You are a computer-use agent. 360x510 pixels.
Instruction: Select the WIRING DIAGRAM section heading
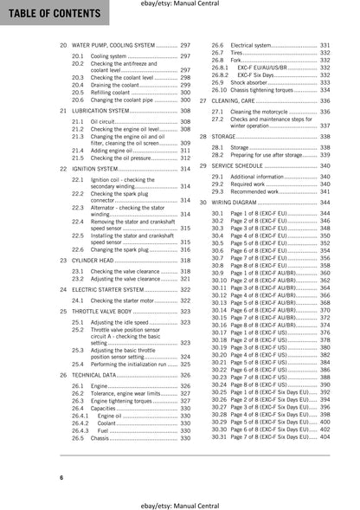(x=245, y=200)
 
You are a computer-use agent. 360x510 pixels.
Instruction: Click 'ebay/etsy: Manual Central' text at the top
(x=179, y=5)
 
